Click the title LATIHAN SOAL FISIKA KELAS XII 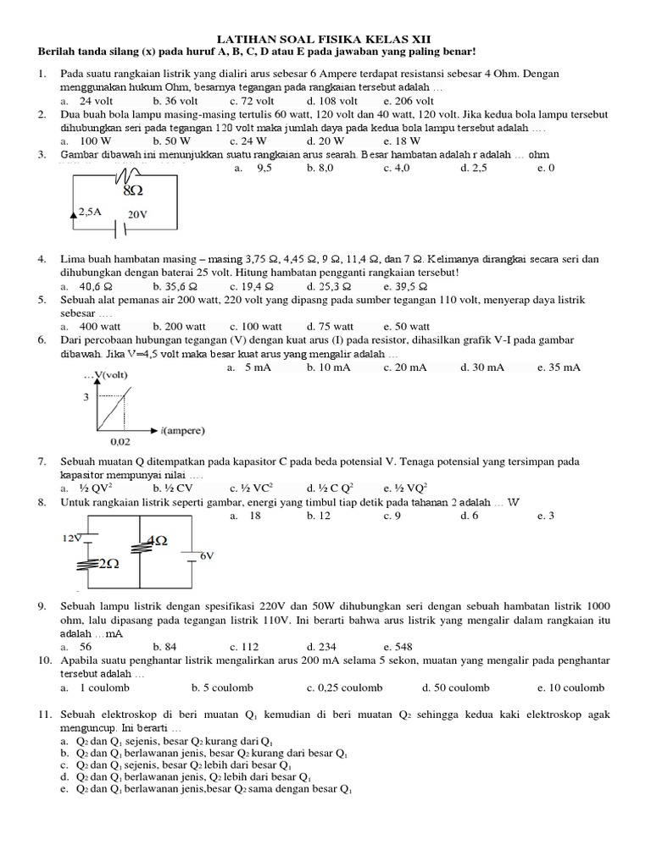coord(325,39)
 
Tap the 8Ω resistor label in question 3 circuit coord(131,191)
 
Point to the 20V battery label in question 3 coord(137,215)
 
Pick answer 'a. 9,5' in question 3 coord(251,168)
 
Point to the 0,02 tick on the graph coord(122,441)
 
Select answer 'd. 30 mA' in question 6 coord(481,367)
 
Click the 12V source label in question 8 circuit coord(71,538)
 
